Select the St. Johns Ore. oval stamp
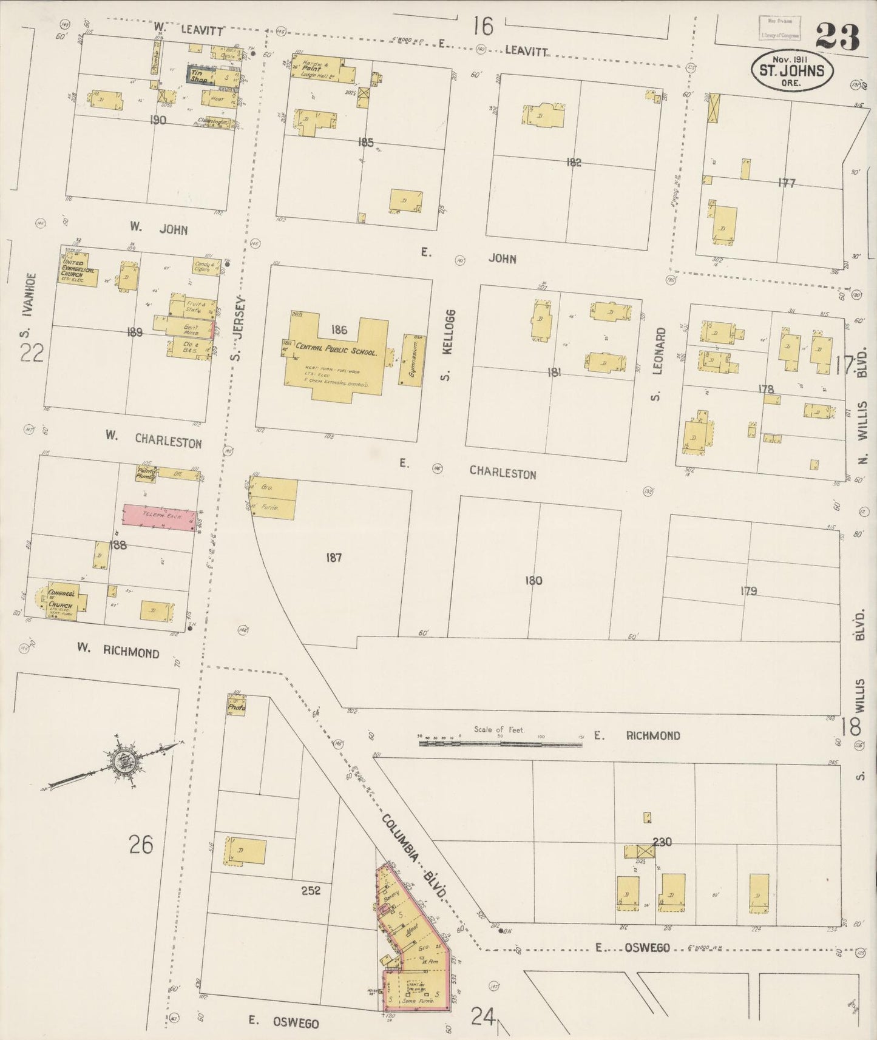pyautogui.click(x=792, y=70)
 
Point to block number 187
pyautogui.click(x=333, y=557)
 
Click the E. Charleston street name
pyautogui.click(x=502, y=473)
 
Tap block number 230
pyautogui.click(x=662, y=841)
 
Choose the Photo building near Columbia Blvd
pyautogui.click(x=237, y=707)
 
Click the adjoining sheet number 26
pyautogui.click(x=141, y=844)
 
